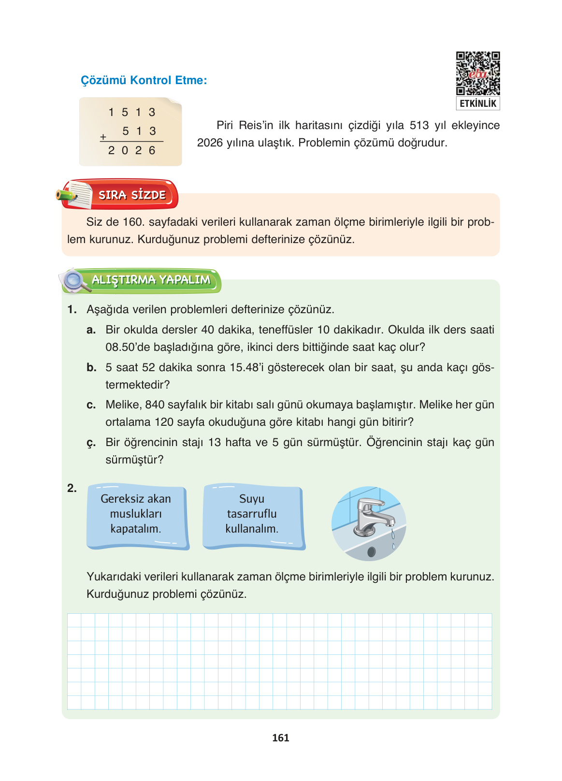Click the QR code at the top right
(x=477, y=73)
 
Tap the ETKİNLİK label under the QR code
(x=477, y=103)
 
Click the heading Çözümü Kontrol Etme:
(x=144, y=80)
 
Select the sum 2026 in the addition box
(x=131, y=151)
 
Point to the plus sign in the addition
(x=103, y=137)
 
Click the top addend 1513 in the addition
(x=131, y=113)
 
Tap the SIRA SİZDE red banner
(x=132, y=195)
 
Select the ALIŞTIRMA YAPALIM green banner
(x=151, y=280)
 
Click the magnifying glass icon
(x=75, y=280)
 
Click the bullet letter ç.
(x=91, y=443)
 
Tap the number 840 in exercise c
(x=155, y=405)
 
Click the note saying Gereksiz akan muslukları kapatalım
(x=136, y=514)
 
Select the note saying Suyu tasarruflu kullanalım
(x=252, y=514)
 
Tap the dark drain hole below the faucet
(x=371, y=551)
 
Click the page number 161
(x=281, y=738)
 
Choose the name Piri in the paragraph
(x=225, y=126)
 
